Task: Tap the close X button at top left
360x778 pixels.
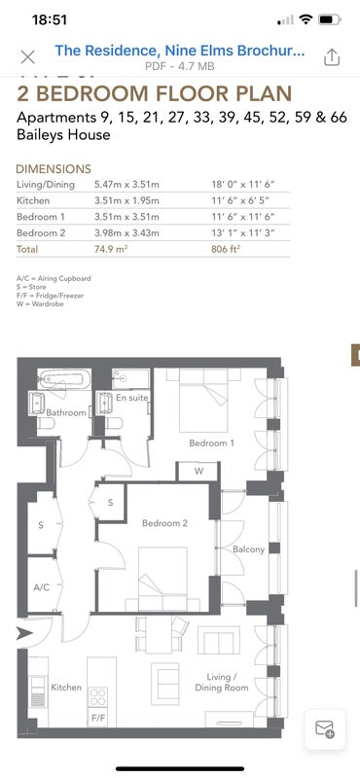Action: (x=28, y=57)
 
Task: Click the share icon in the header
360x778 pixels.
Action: (x=332, y=57)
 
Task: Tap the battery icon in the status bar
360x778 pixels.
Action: (x=328, y=19)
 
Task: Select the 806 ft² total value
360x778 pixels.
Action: (x=226, y=249)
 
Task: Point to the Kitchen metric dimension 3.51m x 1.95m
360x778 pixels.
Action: (x=126, y=200)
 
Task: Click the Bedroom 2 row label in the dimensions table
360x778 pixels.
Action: (x=41, y=232)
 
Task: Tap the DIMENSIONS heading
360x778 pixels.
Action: (x=54, y=168)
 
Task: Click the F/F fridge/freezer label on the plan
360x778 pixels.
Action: (x=98, y=718)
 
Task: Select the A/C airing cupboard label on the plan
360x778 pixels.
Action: (x=41, y=587)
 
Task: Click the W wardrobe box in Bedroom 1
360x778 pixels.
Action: (x=198, y=472)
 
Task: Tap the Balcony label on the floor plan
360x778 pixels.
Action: (x=248, y=549)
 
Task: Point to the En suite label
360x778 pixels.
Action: (x=131, y=398)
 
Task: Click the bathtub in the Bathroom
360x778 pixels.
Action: (x=64, y=379)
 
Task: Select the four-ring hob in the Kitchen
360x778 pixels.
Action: (x=98, y=697)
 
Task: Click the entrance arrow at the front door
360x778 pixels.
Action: (x=24, y=633)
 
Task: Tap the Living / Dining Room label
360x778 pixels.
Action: (x=221, y=683)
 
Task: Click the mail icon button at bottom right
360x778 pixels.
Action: (x=325, y=728)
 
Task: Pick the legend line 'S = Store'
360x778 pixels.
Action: (x=31, y=287)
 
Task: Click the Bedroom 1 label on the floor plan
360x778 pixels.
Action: (x=211, y=443)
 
